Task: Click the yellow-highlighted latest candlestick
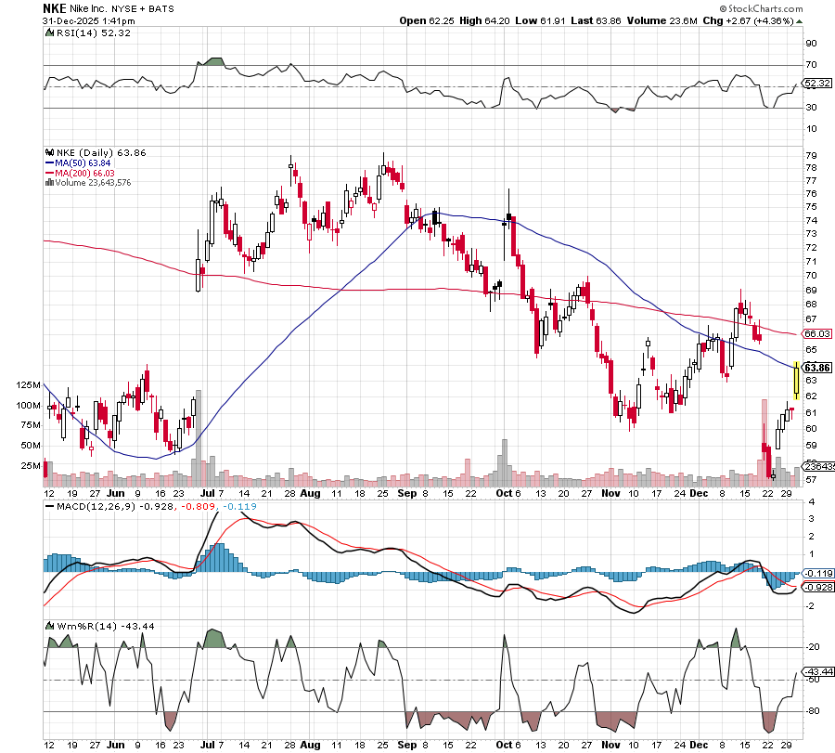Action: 796,381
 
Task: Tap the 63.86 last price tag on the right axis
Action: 816,367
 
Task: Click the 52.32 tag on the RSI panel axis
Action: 816,84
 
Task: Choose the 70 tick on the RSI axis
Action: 810,65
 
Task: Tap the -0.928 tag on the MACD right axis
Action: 816,588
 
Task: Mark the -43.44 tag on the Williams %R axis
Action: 816,671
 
